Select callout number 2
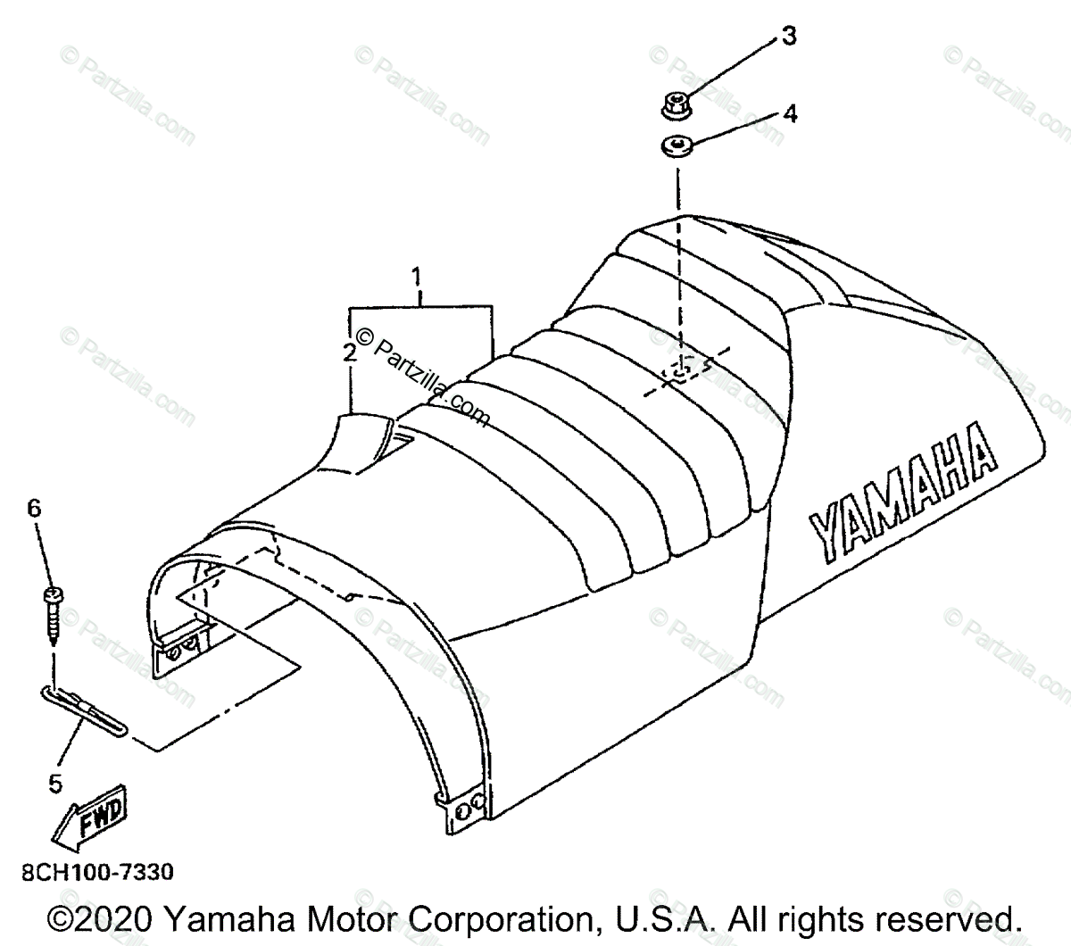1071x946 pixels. [x=350, y=352]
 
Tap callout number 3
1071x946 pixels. [x=788, y=37]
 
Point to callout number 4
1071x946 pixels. [x=789, y=113]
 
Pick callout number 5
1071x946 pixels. [x=55, y=784]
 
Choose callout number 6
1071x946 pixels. [x=34, y=509]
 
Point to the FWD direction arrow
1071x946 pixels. [x=89, y=819]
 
